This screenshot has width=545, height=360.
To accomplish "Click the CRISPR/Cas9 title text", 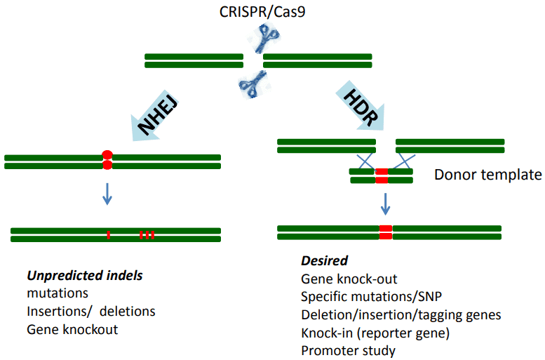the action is tap(262, 12).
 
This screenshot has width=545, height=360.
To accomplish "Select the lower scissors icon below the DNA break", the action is tap(253, 84).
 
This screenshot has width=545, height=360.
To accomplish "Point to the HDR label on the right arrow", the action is tap(361, 107).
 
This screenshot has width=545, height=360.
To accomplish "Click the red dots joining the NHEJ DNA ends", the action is tap(107, 160).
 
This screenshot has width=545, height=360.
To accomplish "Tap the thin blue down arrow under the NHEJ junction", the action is tap(107, 194).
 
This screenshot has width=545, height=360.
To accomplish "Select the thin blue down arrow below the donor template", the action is tap(385, 204).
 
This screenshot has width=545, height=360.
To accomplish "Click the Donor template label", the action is tap(488, 175).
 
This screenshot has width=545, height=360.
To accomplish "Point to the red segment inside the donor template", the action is tap(382, 175).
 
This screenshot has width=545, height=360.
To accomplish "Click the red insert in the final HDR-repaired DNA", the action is tap(386, 232).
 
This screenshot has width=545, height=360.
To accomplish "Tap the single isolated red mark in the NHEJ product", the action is tap(109, 235).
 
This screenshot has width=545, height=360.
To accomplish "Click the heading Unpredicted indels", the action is tap(85, 276).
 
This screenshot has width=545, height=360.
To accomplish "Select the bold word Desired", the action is tap(324, 260).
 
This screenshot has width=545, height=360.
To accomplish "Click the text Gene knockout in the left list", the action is tap(72, 329).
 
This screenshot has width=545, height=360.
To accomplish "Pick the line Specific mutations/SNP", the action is tap(371, 297).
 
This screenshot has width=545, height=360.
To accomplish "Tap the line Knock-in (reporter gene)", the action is tap(375, 333).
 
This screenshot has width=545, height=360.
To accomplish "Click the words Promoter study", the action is tap(349, 351).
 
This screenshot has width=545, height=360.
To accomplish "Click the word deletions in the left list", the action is tap(127, 312).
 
